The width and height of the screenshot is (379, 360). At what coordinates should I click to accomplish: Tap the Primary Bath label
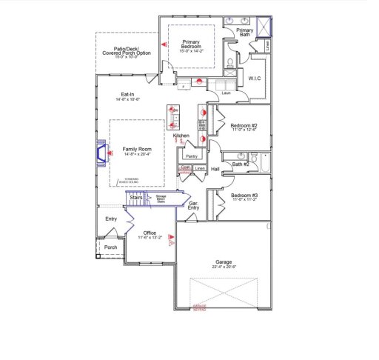point(245,32)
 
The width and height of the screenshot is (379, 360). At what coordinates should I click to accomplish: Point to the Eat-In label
point(127,95)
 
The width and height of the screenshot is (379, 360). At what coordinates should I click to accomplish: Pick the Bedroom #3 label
point(243,196)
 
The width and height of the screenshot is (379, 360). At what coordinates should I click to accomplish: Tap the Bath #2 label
point(239,164)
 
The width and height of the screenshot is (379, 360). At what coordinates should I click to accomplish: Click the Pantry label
point(191,157)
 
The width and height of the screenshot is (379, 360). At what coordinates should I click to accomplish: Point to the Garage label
point(224,262)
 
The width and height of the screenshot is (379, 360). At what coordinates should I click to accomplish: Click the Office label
point(150,233)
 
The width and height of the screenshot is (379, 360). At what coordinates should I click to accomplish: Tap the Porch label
point(110,247)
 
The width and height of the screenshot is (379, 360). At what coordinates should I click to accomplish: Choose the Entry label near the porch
point(111,219)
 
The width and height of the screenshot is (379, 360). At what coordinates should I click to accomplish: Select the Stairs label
point(136,198)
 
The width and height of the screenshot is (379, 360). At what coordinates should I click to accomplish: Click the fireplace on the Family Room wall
point(96,153)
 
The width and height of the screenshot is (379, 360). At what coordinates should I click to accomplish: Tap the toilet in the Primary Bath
point(231,61)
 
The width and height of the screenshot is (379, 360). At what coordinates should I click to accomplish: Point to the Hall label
point(215,170)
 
